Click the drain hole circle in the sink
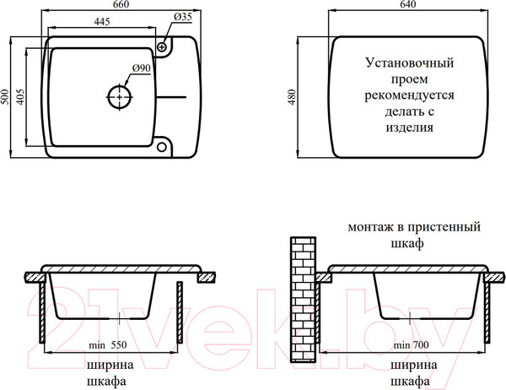point(120,97)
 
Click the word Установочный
point(409,62)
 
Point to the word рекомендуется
point(409,95)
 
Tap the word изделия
point(409,128)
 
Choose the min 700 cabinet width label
point(411,345)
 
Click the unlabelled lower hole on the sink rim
point(162,146)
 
